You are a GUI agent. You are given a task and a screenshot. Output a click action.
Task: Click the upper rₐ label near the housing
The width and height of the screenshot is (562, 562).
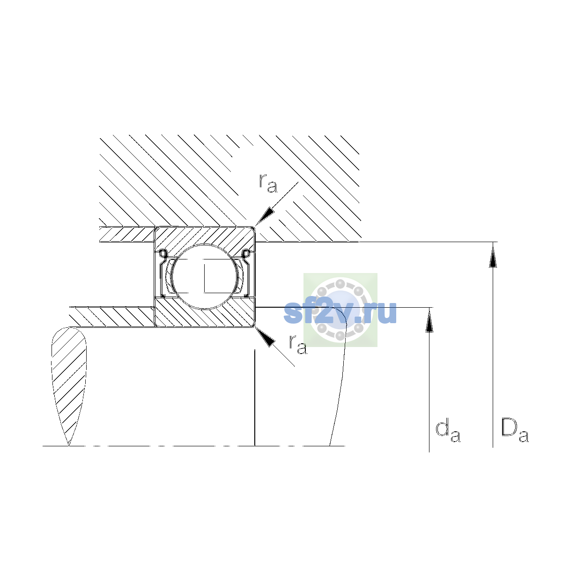pyautogui.click(x=268, y=184)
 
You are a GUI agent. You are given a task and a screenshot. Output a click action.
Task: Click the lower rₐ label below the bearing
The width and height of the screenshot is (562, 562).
pyautogui.click(x=298, y=345)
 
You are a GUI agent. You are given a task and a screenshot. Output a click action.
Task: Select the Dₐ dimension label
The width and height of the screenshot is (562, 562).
pyautogui.click(x=515, y=431)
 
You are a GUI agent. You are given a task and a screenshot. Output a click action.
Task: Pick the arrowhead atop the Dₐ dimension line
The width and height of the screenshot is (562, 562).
pyautogui.click(x=493, y=255)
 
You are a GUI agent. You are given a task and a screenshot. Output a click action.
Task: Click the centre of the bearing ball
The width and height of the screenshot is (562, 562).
pyautogui.click(x=205, y=276)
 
